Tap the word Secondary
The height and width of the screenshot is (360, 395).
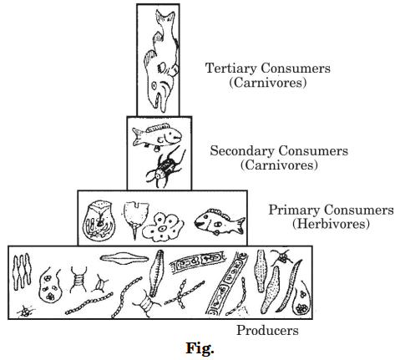[x=242, y=151]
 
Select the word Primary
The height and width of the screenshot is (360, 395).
[x=294, y=210]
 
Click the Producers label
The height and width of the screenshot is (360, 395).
[x=267, y=331]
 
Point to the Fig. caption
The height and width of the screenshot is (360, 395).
[x=200, y=348]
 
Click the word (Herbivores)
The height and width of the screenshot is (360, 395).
[x=331, y=224]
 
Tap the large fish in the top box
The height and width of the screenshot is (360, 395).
[x=161, y=60]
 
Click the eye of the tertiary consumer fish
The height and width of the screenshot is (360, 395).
[x=154, y=85]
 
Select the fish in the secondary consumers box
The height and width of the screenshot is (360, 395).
[x=157, y=136]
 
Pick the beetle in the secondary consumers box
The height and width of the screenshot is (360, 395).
[x=165, y=168]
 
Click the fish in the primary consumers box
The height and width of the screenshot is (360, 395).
[x=220, y=221]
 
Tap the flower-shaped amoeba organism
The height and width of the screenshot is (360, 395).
[x=163, y=227]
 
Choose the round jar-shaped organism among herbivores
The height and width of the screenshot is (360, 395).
[x=99, y=221]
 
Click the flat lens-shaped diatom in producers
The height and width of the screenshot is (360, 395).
[x=124, y=258]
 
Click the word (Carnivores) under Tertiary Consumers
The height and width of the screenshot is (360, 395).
[x=268, y=83]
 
